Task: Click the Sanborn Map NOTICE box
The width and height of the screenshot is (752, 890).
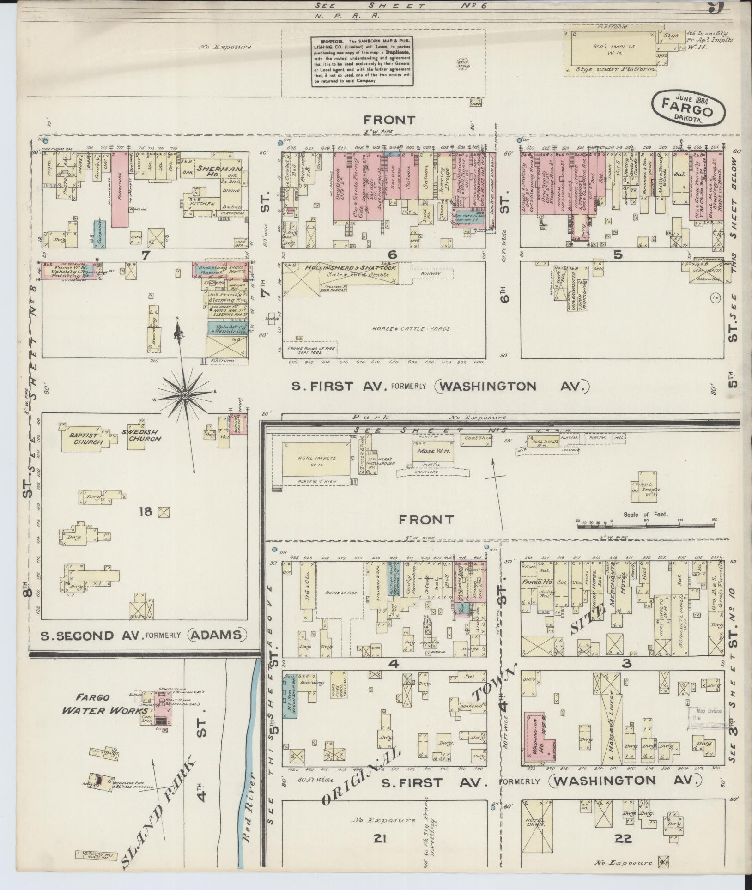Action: (361, 61)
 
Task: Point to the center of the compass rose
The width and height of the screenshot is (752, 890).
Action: (184, 395)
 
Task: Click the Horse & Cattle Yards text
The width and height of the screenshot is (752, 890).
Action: (410, 329)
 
